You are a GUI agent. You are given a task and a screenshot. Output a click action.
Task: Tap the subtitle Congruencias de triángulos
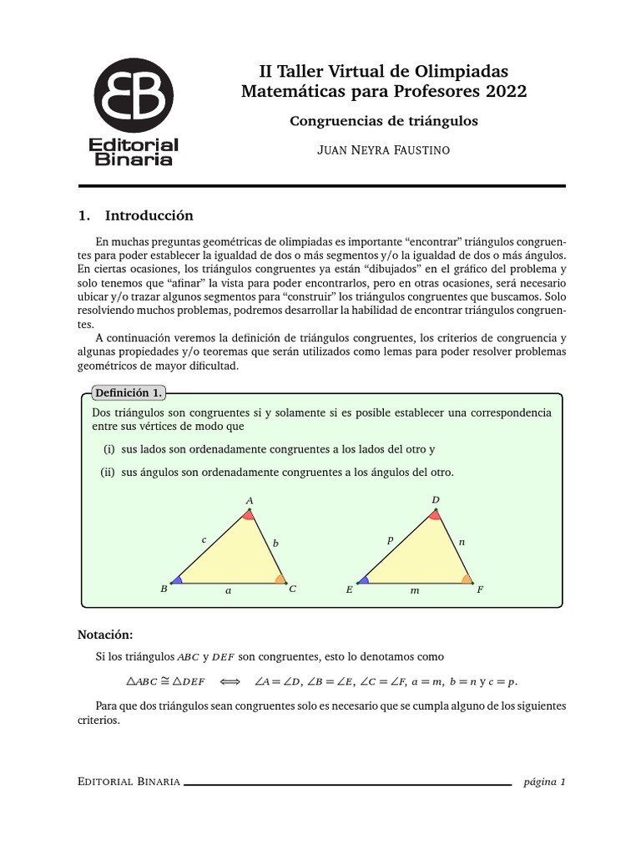tap(383, 121)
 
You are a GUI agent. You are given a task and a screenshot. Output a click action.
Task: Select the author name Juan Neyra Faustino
tap(383, 151)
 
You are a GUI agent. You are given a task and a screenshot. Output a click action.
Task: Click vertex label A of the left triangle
tap(249, 501)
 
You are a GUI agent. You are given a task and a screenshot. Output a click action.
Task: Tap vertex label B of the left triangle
tap(164, 589)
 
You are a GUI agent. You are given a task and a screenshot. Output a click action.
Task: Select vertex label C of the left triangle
tap(292, 589)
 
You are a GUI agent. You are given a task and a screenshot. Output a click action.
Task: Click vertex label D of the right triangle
tap(435, 500)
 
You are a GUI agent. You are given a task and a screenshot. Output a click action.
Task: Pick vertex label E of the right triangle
tap(349, 589)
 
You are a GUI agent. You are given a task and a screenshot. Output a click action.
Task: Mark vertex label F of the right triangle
tap(480, 589)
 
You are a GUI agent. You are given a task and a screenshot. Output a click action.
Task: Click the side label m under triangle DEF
tap(414, 590)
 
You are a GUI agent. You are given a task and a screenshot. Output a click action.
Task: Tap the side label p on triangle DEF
tap(390, 540)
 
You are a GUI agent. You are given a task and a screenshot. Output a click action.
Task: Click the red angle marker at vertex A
tap(249, 515)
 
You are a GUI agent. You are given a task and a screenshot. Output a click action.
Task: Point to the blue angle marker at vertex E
tap(364, 579)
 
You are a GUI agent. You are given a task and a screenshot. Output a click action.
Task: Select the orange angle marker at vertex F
tap(467, 578)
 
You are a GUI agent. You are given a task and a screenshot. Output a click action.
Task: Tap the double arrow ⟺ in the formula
tap(230, 681)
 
